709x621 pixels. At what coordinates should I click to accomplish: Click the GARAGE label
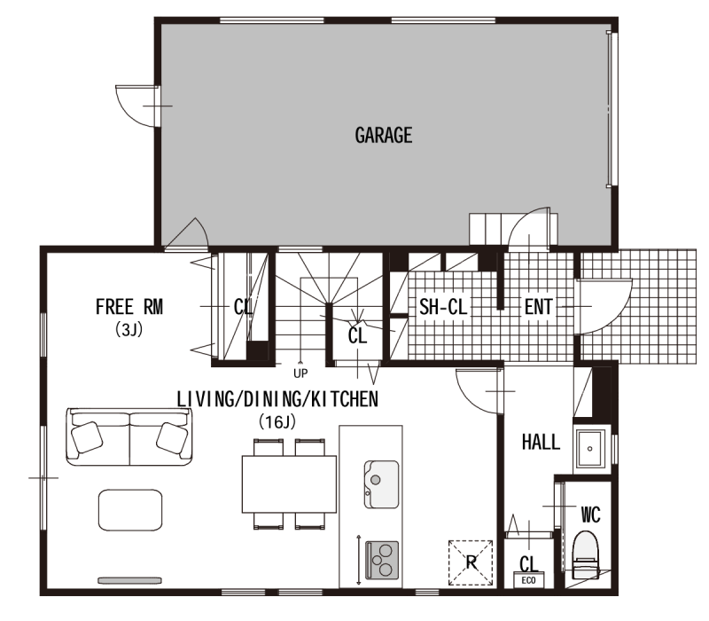(384, 136)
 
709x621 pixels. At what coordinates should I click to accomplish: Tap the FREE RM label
(129, 307)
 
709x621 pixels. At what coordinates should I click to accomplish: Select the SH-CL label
(442, 307)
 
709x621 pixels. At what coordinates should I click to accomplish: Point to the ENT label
(538, 307)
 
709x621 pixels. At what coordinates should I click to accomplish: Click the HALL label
(541, 442)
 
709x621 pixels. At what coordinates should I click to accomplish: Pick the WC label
(590, 515)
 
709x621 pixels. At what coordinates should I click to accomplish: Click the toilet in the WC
(586, 555)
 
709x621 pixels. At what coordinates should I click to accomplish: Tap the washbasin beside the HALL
(589, 449)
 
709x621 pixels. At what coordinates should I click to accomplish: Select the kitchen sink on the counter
(382, 483)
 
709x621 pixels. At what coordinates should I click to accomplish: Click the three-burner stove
(382, 561)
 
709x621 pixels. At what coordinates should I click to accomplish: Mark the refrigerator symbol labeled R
(471, 562)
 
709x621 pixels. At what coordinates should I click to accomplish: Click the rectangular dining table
(289, 484)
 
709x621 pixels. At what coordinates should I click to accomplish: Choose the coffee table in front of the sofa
(130, 509)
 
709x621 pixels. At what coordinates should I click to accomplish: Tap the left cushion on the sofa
(87, 437)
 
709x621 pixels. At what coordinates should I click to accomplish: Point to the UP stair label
(300, 373)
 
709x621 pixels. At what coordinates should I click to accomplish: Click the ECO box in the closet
(528, 580)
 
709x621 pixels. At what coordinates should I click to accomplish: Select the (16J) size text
(277, 422)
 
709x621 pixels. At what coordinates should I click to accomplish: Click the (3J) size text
(129, 329)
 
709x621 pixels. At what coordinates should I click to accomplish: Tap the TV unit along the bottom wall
(129, 580)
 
